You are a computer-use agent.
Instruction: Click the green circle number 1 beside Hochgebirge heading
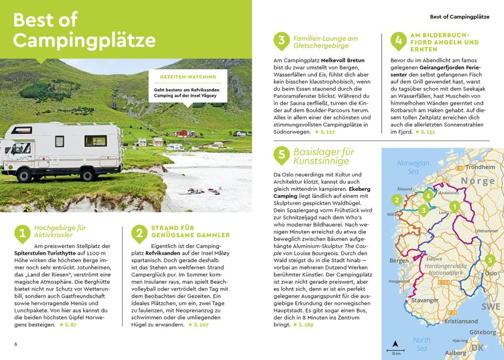point(22,233)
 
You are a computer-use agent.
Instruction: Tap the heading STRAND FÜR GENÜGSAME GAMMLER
point(190,231)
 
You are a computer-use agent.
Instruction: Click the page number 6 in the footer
point(16,343)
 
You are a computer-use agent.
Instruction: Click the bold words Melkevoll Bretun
point(343,60)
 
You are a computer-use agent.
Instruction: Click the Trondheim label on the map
point(484,167)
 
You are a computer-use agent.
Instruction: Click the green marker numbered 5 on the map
point(490,260)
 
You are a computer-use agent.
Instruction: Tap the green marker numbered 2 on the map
point(396,201)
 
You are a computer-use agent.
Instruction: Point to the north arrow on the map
point(395,344)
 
